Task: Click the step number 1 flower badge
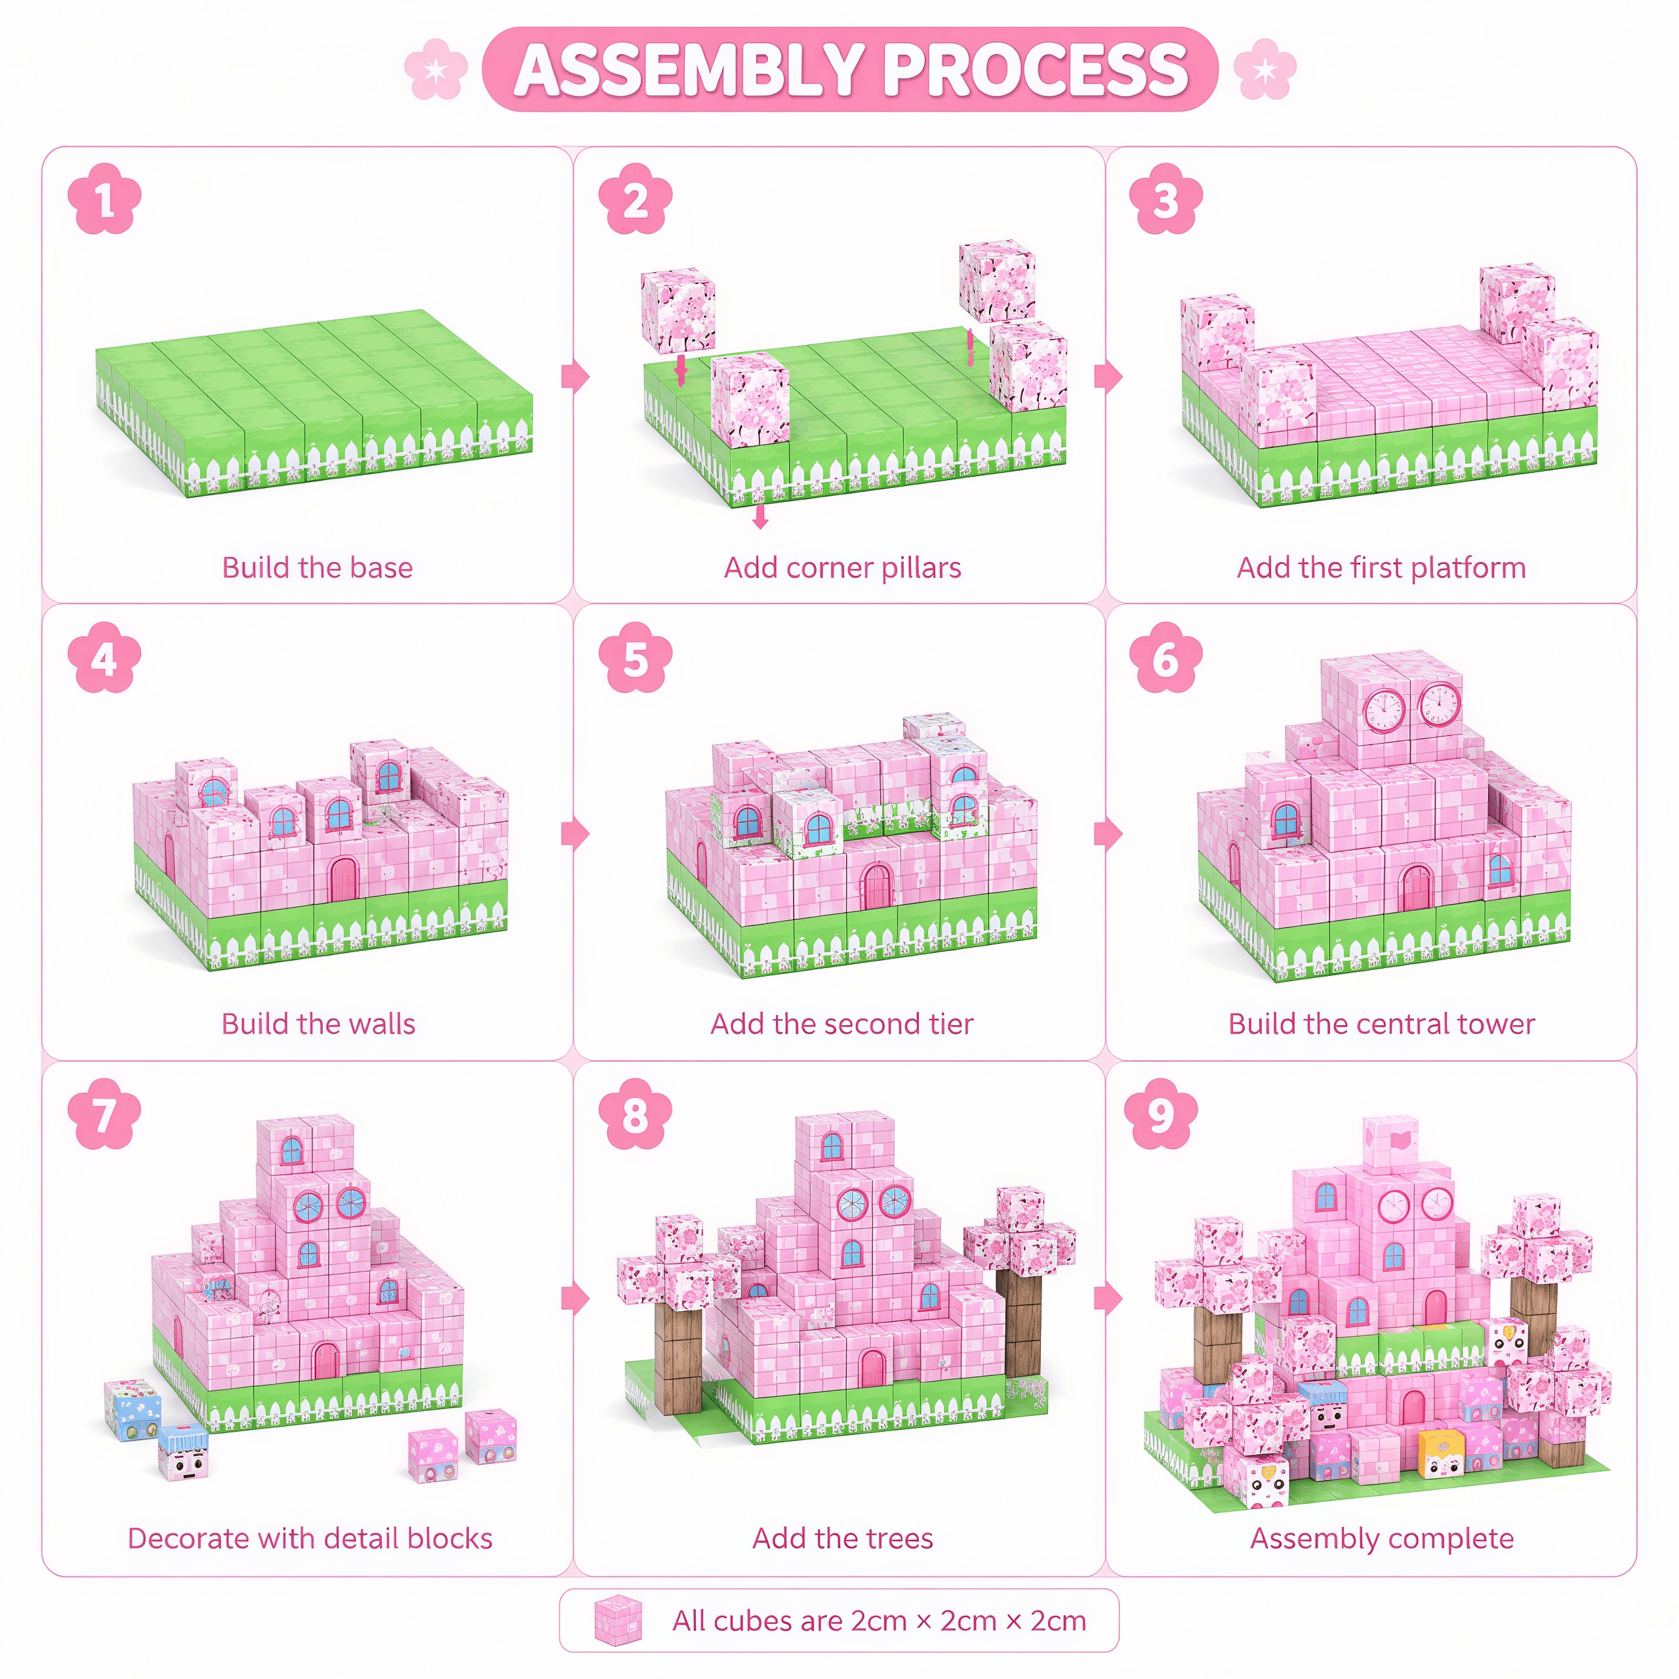[104, 199]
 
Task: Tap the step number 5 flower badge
[636, 657]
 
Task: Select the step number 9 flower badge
[1161, 1114]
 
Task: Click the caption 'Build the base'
[317, 567]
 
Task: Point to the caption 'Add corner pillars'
[843, 567]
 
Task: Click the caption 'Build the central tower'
[1382, 1024]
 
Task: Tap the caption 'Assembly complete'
[1382, 1538]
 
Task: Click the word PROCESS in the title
[1035, 70]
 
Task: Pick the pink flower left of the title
[436, 69]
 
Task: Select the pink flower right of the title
[1265, 69]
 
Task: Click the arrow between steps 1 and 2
[575, 376]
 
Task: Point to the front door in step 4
[343, 879]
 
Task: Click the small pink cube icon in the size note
[618, 1620]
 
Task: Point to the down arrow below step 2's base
[760, 516]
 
